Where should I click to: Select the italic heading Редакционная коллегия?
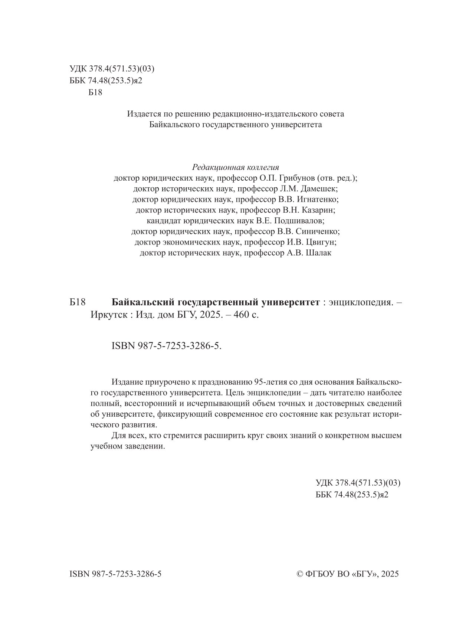(235, 167)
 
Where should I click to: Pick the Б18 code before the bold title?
(78, 303)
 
